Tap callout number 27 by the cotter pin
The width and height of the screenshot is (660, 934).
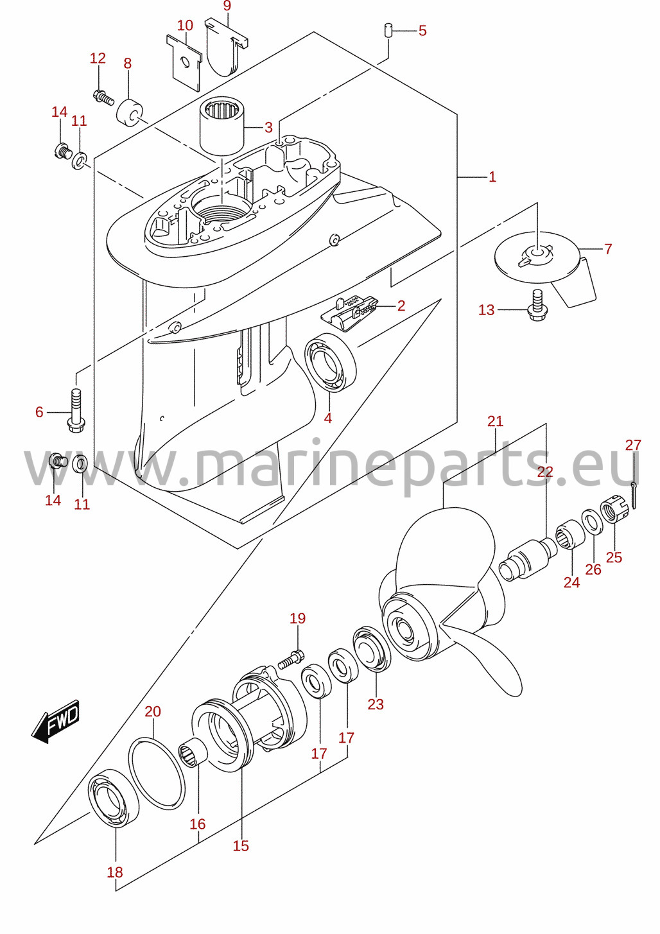click(632, 445)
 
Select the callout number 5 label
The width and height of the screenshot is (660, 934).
click(422, 30)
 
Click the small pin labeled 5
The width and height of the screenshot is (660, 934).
click(388, 31)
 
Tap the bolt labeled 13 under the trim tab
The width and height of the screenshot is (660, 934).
click(535, 306)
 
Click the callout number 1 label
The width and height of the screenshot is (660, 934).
click(492, 177)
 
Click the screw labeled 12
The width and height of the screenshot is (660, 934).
click(103, 97)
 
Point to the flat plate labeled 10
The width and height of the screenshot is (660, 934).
click(184, 62)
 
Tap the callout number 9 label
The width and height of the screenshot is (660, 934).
click(227, 6)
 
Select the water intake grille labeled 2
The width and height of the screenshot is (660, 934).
click(349, 312)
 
